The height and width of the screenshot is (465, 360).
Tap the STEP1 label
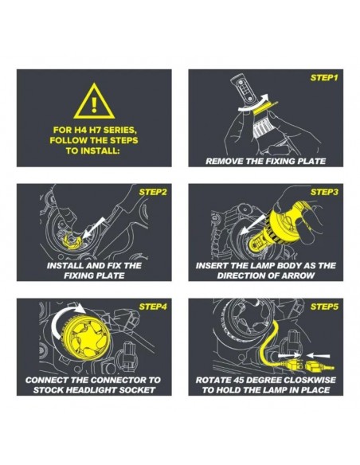324,78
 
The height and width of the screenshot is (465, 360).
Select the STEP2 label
153,192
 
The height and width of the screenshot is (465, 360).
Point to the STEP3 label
324,192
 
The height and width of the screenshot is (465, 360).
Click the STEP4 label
153,307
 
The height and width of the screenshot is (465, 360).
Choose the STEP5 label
324,307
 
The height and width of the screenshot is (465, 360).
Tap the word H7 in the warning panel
86,130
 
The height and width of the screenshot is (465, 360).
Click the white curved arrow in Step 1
254,105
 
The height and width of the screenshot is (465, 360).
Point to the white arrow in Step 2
93,228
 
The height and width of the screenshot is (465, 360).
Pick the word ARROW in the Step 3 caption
299,275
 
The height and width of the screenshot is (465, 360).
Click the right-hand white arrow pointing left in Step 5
318,355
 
